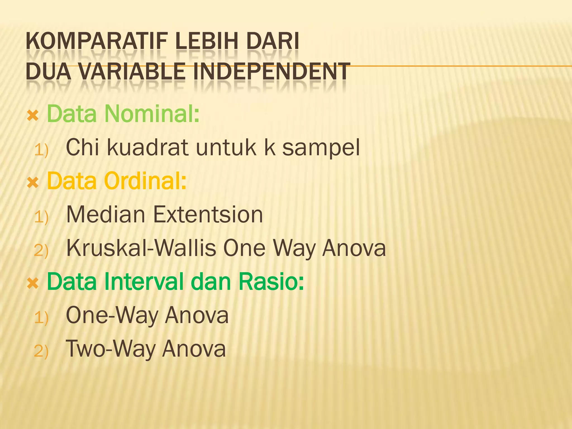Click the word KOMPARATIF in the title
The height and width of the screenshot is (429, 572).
[x=96, y=41]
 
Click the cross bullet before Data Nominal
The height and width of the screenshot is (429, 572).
[x=33, y=115]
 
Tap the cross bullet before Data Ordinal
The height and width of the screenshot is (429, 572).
[x=33, y=183]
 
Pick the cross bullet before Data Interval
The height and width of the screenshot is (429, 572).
[x=33, y=283]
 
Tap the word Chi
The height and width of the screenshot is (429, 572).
[x=82, y=147]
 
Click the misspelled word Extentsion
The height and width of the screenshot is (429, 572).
[x=208, y=214]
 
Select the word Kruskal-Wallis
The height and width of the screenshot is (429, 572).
[x=141, y=248]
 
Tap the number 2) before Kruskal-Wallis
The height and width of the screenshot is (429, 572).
[x=41, y=250]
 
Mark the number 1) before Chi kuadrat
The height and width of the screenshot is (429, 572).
[x=41, y=150]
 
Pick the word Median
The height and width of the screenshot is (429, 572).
[x=106, y=214]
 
